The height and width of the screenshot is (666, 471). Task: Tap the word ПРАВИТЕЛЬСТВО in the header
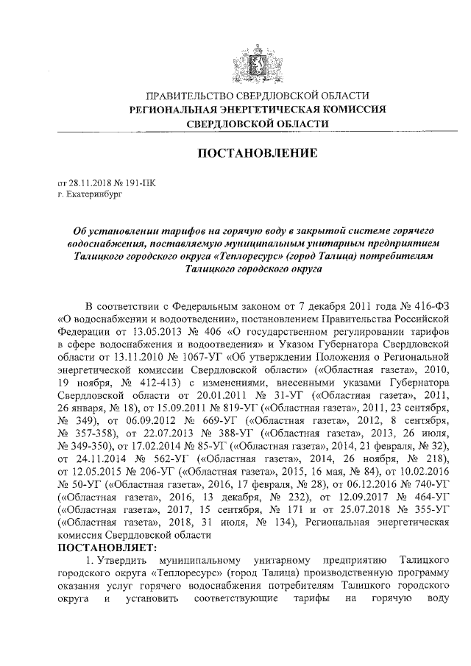point(191,96)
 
